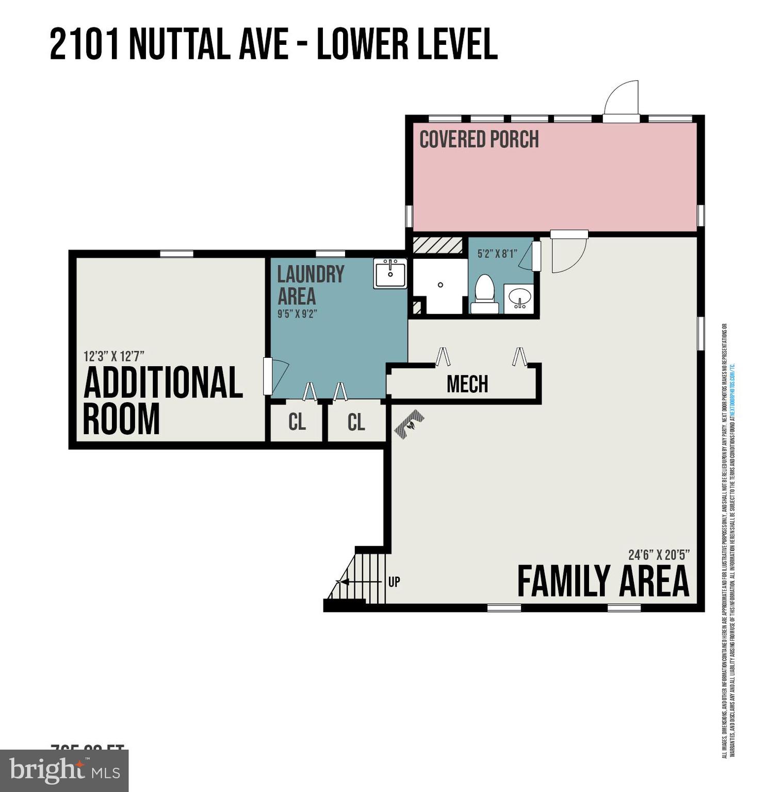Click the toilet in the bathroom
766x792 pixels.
tap(484, 293)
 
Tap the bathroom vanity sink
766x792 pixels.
tap(518, 298)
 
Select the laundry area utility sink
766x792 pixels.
tap(390, 273)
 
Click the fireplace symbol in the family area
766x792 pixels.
tap(410, 424)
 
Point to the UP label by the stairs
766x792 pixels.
tap(394, 582)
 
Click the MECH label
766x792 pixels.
tap(467, 384)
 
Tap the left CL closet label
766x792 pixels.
tap(297, 422)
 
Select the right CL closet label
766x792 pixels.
tap(356, 422)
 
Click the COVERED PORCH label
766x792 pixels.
tap(479, 139)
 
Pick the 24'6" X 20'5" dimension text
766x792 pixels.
tap(659, 555)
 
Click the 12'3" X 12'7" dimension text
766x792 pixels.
tap(113, 356)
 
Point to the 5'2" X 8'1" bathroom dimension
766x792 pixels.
tap(497, 254)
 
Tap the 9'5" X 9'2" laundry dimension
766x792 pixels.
tap(297, 313)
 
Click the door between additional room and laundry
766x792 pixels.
tap(276, 376)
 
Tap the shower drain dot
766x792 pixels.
tap(441, 285)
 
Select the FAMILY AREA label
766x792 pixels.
tap(602, 582)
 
